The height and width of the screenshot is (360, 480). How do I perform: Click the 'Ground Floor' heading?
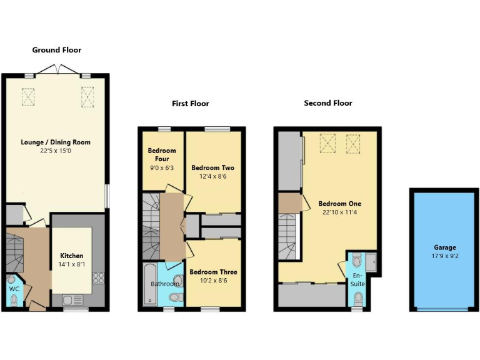pyautogui.click(x=57, y=50)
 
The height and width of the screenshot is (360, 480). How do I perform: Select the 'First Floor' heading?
pyautogui.click(x=191, y=104)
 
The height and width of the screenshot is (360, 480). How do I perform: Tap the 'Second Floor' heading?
pyautogui.click(x=328, y=103)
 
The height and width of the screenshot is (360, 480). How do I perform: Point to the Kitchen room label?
pyautogui.click(x=71, y=256)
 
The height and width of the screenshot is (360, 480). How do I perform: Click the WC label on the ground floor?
pyautogui.click(x=14, y=289)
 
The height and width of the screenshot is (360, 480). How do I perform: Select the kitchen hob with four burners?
pyautogui.click(x=98, y=279)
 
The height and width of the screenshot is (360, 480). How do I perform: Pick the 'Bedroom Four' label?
pyautogui.click(x=162, y=154)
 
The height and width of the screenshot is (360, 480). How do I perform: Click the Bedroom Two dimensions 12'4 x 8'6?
pyautogui.click(x=212, y=176)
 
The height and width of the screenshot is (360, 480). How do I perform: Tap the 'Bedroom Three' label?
pyautogui.click(x=213, y=272)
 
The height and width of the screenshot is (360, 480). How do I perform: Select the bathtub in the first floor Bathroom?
pyautogui.click(x=150, y=284)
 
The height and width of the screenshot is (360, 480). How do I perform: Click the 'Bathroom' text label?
pyautogui.click(x=165, y=284)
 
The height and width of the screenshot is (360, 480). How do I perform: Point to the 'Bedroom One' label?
pyautogui.click(x=339, y=204)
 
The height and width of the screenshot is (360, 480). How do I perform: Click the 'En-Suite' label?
pyautogui.click(x=357, y=279)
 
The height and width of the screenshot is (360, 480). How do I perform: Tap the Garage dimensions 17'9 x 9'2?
pyautogui.click(x=444, y=256)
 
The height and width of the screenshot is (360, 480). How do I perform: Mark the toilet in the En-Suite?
pyautogui.click(x=356, y=259)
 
